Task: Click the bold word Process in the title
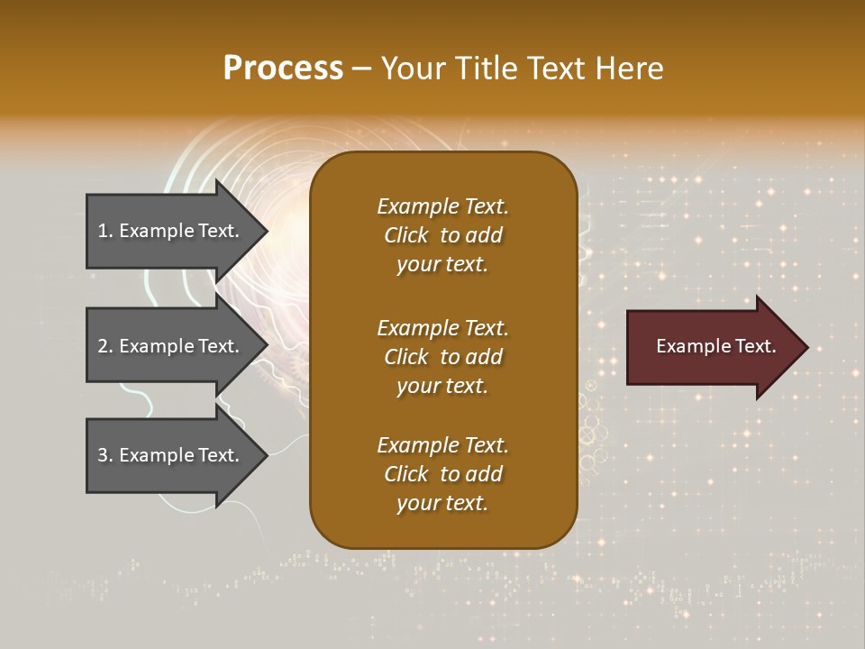283,69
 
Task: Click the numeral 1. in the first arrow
105,231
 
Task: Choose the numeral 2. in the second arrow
105,346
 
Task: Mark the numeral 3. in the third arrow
105,455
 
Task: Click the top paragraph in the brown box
442,235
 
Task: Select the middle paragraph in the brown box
442,357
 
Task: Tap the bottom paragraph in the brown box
442,474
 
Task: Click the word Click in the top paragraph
405,235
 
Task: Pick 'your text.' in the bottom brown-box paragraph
442,503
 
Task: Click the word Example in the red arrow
687,346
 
